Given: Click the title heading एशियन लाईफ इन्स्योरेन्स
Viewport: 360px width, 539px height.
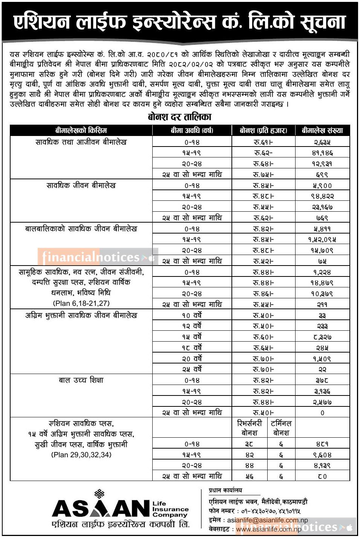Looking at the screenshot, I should pos(179,22).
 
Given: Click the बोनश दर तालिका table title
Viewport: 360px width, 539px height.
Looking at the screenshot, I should pos(179,117).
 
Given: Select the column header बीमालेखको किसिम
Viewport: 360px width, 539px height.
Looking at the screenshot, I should pos(81,130).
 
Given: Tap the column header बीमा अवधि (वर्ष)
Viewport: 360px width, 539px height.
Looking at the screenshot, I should pos(192,130).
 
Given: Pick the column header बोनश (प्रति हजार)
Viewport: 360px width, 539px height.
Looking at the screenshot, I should pos(263,130).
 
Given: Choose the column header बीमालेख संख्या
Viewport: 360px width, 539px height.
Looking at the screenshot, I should pos(322,130).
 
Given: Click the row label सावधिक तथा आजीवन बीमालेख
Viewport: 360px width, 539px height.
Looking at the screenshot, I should pos(81,142).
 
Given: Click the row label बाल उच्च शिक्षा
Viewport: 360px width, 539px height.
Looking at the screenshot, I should pos(81,380).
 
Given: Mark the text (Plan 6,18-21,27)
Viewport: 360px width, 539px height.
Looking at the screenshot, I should pos(81,303).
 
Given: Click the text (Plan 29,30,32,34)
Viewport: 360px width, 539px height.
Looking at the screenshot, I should pos(81,455).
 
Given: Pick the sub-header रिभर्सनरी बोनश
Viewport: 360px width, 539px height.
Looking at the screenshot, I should pos(249,428).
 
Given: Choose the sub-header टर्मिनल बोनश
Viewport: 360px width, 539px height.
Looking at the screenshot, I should pos(281,428).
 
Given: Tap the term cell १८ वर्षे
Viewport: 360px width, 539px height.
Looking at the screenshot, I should pos(192,348).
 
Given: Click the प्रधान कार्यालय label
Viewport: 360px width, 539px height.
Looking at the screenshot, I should pos(225,490).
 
